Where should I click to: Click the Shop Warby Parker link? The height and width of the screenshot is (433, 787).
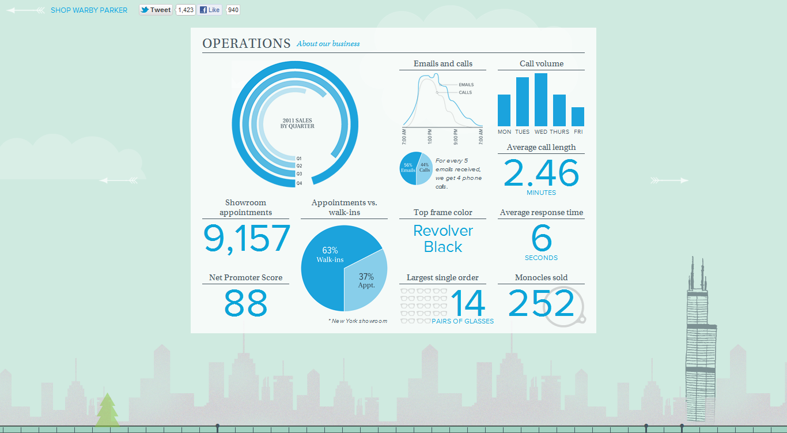point(89,10)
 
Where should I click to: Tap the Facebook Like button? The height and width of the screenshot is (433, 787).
point(210,10)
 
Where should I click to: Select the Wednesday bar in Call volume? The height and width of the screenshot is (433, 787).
point(540,100)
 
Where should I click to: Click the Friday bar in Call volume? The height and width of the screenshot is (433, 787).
point(577,116)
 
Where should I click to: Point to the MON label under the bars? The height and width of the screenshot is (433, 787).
point(504,132)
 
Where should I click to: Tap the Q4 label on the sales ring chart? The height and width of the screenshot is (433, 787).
point(299,183)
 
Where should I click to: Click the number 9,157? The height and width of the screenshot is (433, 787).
point(247,239)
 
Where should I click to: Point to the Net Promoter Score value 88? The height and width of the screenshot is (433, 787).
point(245,303)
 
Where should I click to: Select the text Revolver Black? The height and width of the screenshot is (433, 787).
point(443,239)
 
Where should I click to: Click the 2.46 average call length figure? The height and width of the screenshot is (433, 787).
point(541,174)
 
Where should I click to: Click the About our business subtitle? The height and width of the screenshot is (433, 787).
point(328,44)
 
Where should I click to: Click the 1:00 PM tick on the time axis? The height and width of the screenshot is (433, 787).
point(430,138)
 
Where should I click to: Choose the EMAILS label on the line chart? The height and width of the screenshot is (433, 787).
point(466,85)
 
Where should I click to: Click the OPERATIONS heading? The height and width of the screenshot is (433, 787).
point(246,43)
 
